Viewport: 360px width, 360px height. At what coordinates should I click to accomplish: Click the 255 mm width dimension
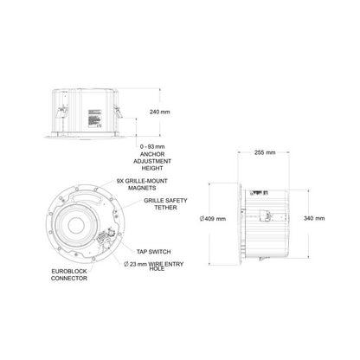(x=265, y=152)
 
